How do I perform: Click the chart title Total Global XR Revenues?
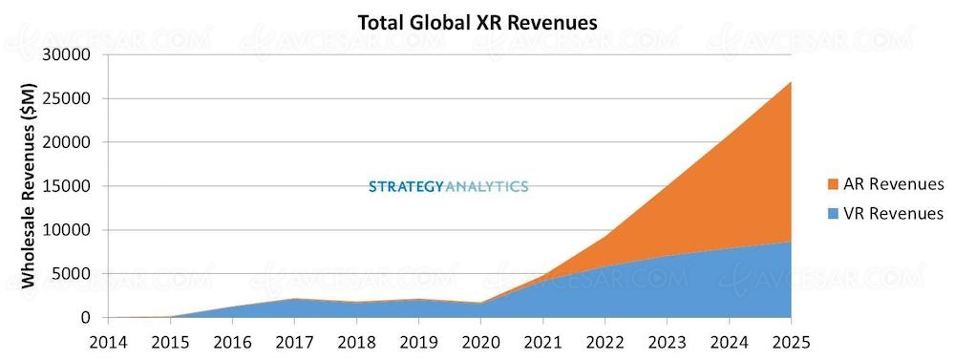(477, 23)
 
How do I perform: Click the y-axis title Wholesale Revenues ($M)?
(28, 185)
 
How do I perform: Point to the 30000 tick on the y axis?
(68, 54)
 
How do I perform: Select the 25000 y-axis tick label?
(68, 98)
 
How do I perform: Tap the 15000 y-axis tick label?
(68, 186)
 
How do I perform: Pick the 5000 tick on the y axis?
(73, 274)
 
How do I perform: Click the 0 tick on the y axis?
(87, 318)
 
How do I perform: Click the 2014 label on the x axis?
(109, 343)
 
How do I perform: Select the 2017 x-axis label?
(295, 343)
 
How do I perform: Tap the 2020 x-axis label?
(481, 343)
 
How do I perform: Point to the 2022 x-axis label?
(605, 343)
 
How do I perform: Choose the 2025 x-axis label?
(791, 343)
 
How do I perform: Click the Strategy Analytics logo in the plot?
(448, 187)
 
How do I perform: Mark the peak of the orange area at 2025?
(791, 81)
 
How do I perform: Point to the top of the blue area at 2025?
(791, 242)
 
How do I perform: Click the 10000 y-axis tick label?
(68, 230)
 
